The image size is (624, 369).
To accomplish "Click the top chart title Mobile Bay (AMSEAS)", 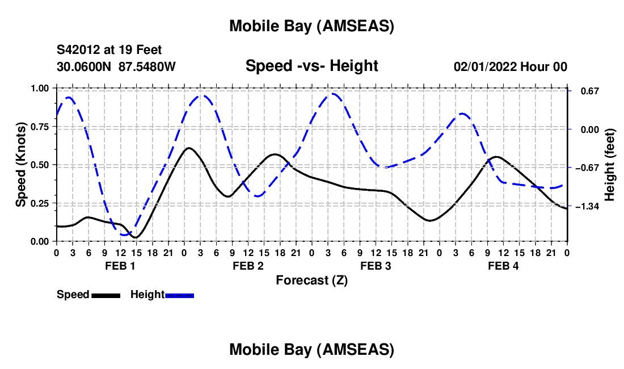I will (x=311, y=26).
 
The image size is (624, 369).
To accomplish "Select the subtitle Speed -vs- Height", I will (x=311, y=66).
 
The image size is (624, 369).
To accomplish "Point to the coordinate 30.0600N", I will (x=85, y=66).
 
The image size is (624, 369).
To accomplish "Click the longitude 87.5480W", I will (x=147, y=66).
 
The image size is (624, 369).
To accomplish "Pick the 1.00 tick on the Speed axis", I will (x=40, y=88).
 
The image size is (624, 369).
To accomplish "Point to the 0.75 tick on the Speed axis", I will (x=40, y=127).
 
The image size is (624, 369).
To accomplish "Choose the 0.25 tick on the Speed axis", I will (x=40, y=203).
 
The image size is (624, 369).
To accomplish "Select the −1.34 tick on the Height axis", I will (x=587, y=207).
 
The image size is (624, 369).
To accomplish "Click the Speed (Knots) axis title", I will (x=21, y=165).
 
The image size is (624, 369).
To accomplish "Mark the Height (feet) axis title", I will (x=610, y=165).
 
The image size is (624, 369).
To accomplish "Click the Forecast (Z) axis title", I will (x=311, y=280).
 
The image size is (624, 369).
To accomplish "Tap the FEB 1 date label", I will (x=120, y=266).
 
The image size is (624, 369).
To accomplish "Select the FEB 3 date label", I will (x=375, y=266).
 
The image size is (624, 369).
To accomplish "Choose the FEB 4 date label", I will (x=503, y=266).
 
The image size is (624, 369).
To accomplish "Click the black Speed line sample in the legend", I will (x=106, y=295).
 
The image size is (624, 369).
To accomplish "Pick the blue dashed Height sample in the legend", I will (x=180, y=295).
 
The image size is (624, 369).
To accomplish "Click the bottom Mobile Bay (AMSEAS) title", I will (x=311, y=350).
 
